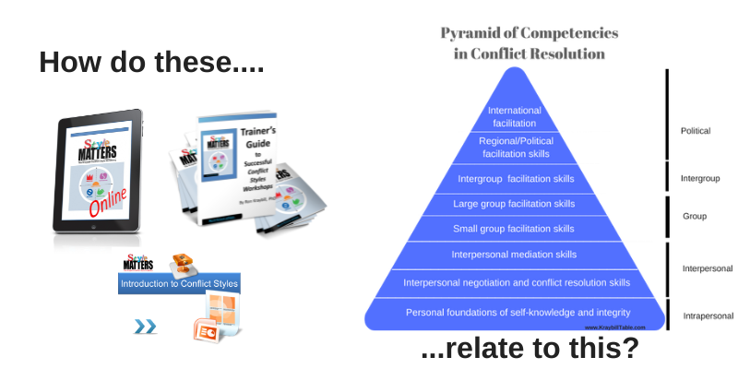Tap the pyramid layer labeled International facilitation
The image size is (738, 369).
click(515, 116)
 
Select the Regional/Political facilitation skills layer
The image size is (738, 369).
click(515, 146)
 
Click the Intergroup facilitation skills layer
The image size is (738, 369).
click(515, 178)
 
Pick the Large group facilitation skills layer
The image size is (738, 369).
click(515, 203)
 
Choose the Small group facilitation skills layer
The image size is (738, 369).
click(515, 228)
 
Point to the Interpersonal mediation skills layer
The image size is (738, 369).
click(515, 254)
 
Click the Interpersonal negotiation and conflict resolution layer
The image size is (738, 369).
click(515, 282)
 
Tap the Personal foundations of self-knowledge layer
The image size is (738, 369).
click(515, 313)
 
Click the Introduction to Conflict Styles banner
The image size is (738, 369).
click(180, 285)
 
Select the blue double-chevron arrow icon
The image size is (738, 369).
click(146, 326)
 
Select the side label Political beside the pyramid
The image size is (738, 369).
click(696, 132)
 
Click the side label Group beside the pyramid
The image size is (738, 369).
click(694, 216)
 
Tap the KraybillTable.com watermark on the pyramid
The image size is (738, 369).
click(614, 327)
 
